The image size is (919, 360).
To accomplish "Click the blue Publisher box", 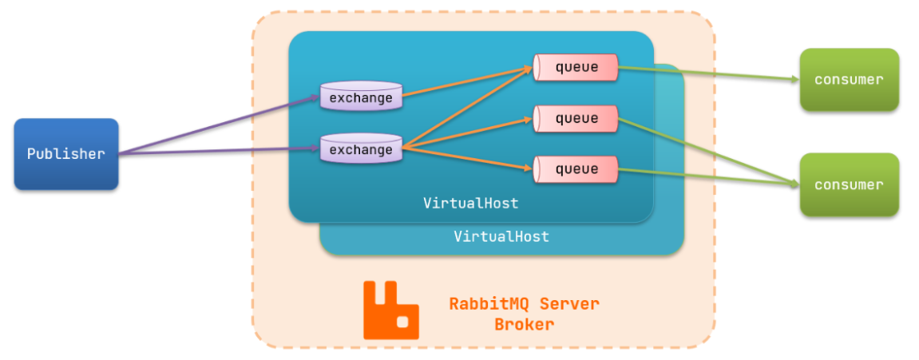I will click(66, 154).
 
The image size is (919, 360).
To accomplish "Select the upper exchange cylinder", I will click(361, 97).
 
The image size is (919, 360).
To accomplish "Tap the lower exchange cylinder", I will click(361, 149).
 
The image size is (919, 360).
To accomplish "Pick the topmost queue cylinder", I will click(576, 67).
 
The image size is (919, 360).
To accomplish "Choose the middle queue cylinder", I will click(576, 118).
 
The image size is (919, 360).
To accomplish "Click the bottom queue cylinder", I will click(576, 168).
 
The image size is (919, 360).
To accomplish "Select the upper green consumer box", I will click(849, 79).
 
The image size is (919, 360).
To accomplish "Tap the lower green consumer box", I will click(849, 184).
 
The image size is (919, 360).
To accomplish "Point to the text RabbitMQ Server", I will click(524, 304).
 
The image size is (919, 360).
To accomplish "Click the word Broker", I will click(524, 325).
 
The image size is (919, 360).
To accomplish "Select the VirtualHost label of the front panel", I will click(470, 204).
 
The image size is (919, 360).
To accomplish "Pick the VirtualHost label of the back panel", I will click(501, 237).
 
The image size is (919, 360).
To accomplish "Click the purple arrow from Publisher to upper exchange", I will click(216, 125).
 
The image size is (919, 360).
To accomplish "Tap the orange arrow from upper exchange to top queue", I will click(467, 83).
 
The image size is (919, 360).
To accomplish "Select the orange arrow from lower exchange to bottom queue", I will click(467, 158).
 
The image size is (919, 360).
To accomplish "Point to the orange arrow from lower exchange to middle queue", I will click(467, 134).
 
